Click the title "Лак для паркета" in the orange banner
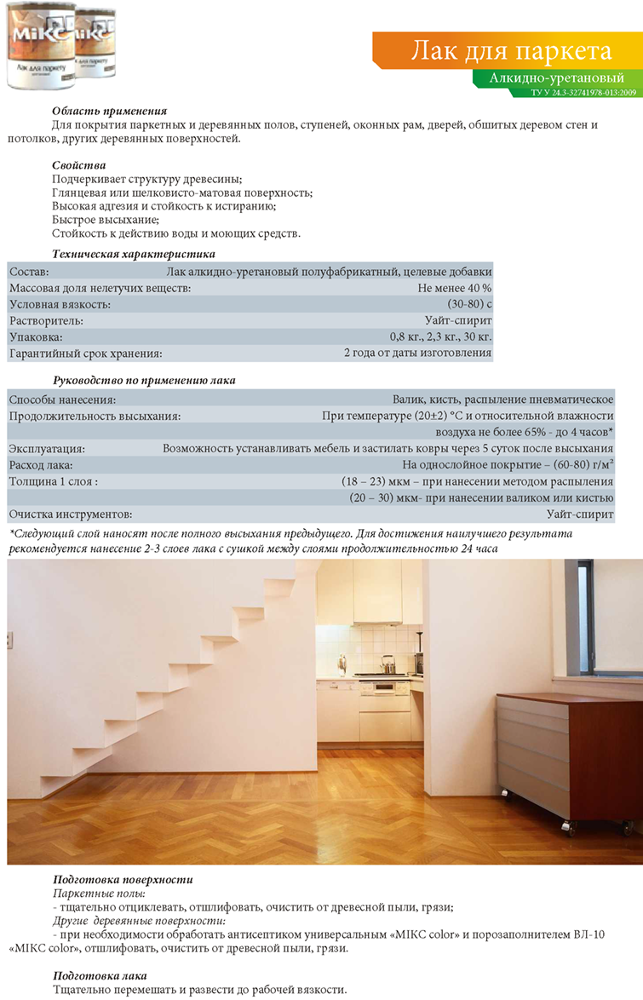click(511, 51)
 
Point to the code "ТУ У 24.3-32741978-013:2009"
click(583, 91)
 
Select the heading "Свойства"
click(78, 164)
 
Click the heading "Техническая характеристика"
click(134, 254)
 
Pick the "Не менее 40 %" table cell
click(455, 288)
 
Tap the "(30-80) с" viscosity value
click(469, 304)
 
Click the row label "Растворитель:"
click(46, 320)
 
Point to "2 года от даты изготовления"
click(417, 353)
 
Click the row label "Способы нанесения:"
click(62, 399)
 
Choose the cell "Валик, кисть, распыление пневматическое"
click(503, 399)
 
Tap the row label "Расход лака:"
click(42, 465)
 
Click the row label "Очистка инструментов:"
click(71, 514)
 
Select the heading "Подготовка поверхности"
click(123, 878)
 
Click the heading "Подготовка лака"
click(100, 975)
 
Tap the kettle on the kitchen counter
click(387, 663)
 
